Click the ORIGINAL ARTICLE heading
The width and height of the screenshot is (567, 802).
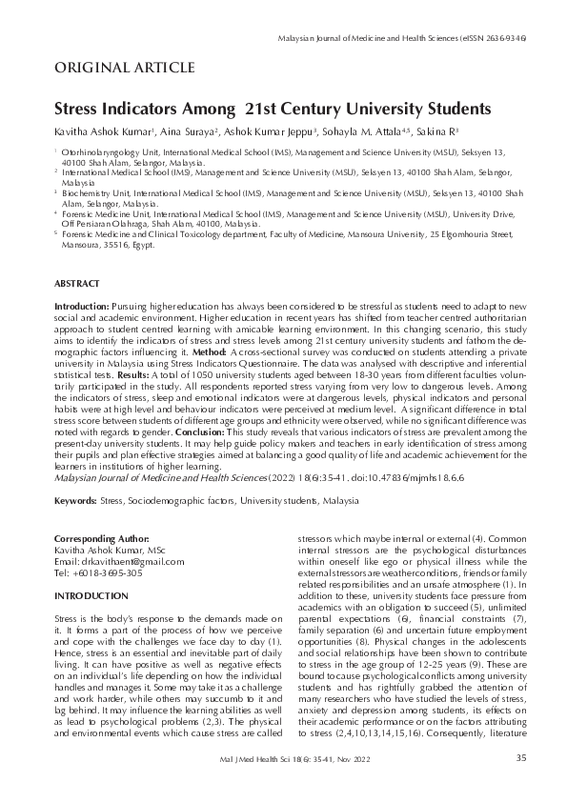125,68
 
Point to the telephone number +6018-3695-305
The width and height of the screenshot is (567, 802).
111,573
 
